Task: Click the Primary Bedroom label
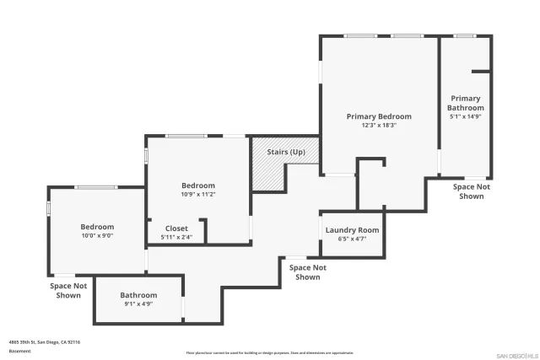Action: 379,116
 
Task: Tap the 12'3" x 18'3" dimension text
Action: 379,125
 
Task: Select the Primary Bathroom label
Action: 466,103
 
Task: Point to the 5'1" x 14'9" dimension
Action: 466,117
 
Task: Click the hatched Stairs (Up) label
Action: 286,152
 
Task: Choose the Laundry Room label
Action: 352,230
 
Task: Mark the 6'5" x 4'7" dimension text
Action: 352,239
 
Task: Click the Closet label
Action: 176,228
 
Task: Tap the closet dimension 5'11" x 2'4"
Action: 176,237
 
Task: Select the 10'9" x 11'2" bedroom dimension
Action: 198,194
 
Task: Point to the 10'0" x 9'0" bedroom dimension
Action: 97,235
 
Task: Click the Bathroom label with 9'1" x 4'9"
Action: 138,295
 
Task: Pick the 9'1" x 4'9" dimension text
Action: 138,304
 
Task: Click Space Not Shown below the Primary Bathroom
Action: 471,191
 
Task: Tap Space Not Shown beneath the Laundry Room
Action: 308,272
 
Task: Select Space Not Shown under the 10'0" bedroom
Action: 68,290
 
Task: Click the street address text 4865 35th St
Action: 45,342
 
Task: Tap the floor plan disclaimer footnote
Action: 270,352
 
